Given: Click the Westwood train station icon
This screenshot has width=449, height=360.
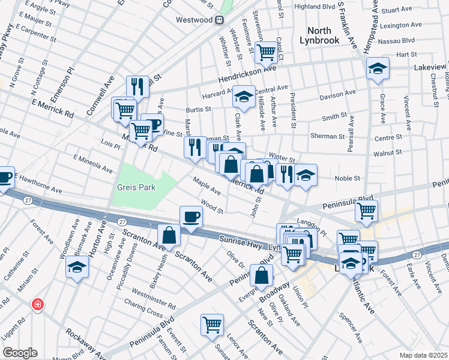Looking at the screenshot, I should [220, 20].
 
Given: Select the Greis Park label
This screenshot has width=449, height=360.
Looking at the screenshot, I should [136, 187].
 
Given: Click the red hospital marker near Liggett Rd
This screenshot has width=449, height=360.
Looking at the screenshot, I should [38, 305].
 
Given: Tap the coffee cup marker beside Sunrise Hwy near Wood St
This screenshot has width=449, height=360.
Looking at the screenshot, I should [191, 217].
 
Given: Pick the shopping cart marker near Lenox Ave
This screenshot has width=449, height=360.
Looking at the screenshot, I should [212, 325].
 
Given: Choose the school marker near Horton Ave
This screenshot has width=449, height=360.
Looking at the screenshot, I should [77, 267].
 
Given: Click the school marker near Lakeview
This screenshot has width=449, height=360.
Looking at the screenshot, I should [378, 68].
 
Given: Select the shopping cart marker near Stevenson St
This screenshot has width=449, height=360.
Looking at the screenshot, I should [265, 52].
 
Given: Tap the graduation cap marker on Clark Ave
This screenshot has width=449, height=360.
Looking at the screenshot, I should [244, 96].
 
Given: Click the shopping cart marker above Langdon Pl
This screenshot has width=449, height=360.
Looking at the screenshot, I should [366, 211].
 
